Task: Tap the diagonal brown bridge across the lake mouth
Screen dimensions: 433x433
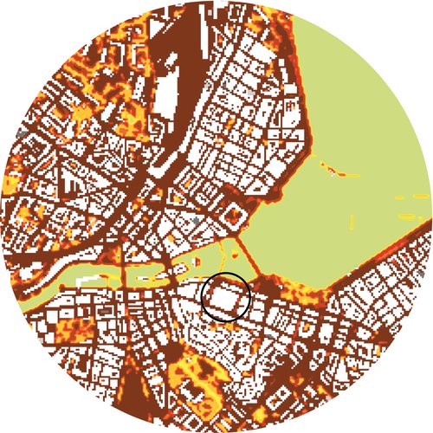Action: click(x=249, y=256)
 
